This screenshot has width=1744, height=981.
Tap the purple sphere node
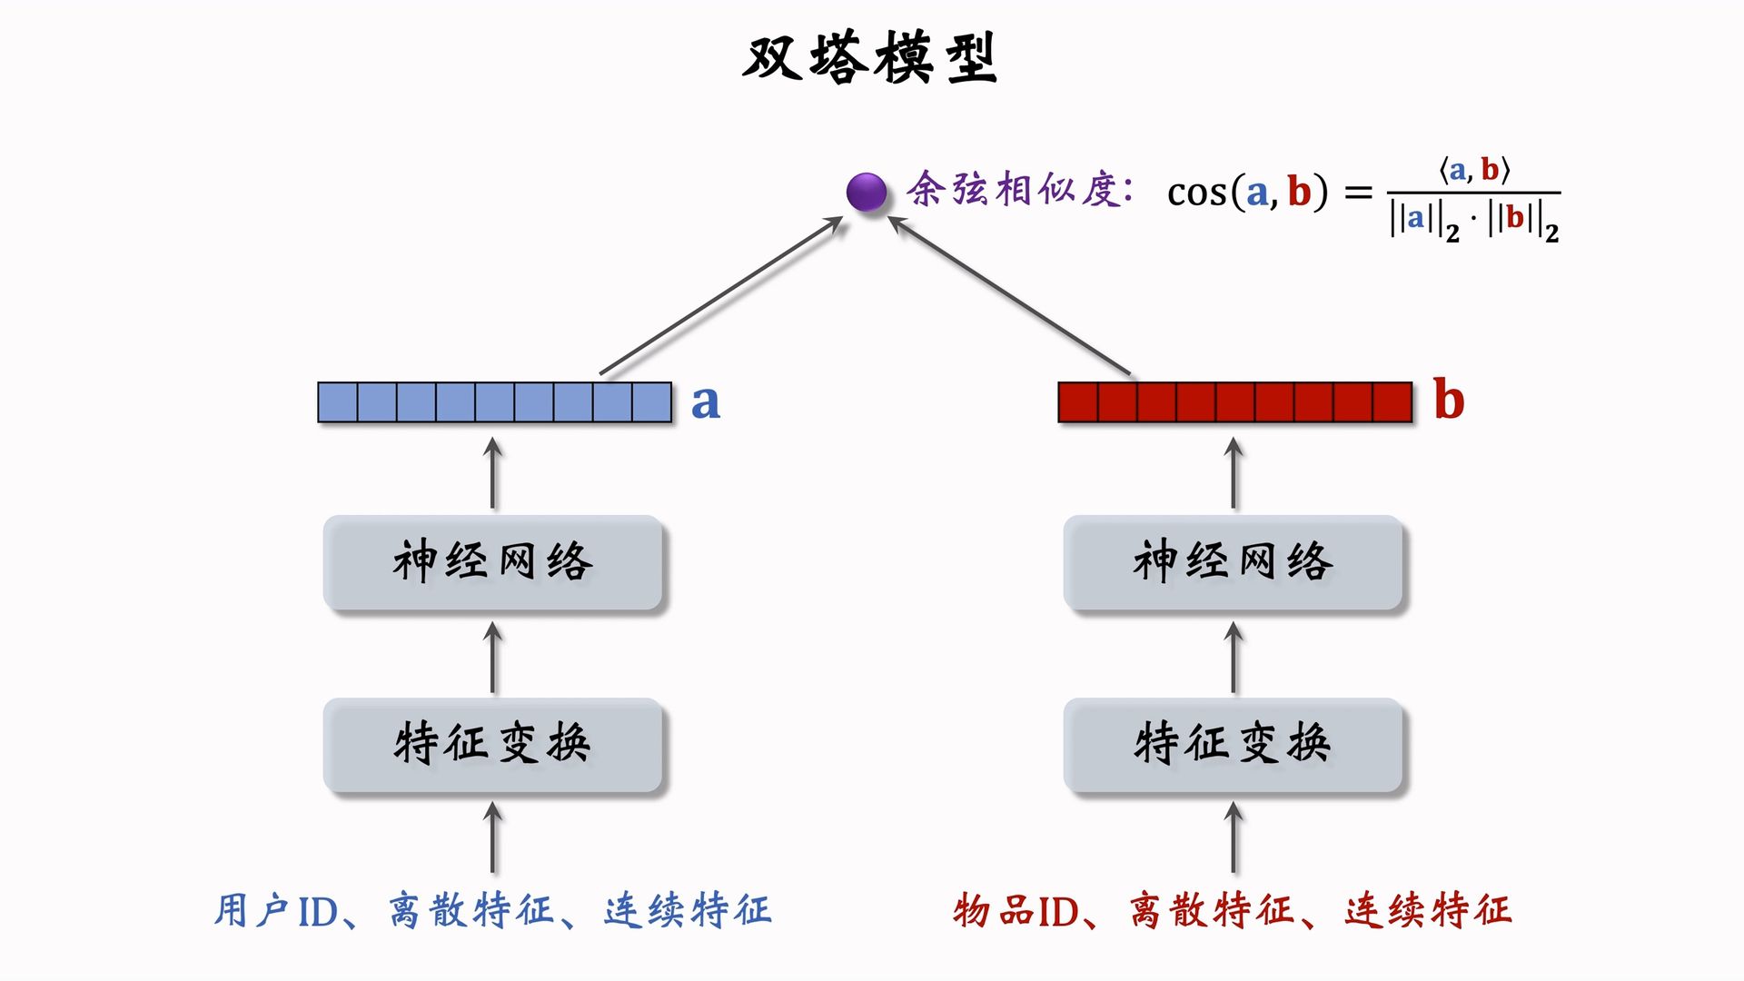coord(866,193)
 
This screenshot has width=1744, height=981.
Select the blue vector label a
coord(705,401)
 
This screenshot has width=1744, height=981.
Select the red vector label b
coord(1449,400)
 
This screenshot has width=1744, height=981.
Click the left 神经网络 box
coord(492,562)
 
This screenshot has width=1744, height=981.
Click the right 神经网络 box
coord(1233,562)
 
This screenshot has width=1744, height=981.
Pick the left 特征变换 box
coord(492,744)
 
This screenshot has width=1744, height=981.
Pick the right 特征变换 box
coord(1233,744)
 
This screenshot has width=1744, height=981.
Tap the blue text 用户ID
coord(276,911)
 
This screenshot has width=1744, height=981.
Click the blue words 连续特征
coord(688,911)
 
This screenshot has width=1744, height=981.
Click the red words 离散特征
coord(1212,911)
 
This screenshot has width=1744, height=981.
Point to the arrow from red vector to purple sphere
coord(1010,295)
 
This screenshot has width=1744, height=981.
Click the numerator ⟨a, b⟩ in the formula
coord(1473,170)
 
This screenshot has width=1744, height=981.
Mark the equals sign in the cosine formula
coord(1358,193)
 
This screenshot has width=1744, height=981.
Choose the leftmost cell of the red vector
coord(1078,402)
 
